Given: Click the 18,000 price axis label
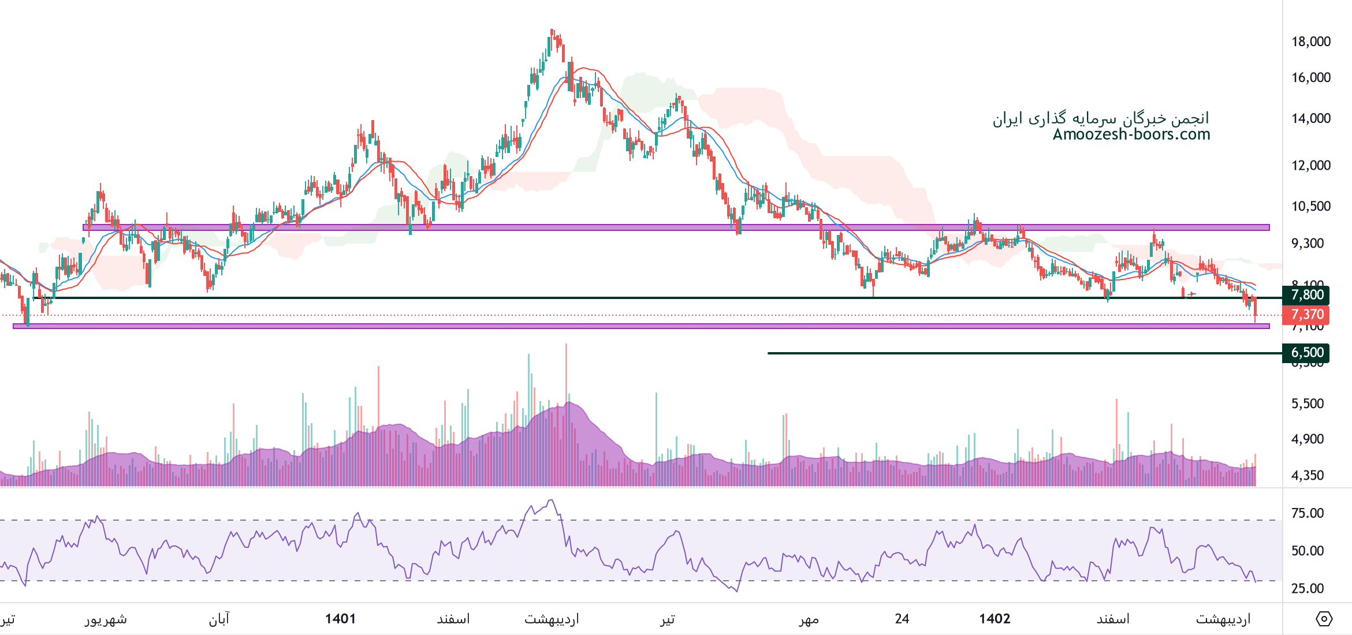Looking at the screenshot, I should [x=1310, y=42].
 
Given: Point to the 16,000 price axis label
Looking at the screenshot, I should [x=1310, y=77].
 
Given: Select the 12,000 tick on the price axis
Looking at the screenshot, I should [x=1310, y=165].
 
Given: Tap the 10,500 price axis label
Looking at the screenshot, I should [x=1310, y=206].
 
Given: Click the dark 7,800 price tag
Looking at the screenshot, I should [x=1306, y=295].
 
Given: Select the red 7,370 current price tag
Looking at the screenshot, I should [x=1306, y=315].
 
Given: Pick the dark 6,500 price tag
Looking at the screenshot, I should [x=1306, y=353].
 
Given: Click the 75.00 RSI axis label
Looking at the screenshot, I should [x=1308, y=513].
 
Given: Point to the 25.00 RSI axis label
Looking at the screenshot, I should [x=1308, y=588].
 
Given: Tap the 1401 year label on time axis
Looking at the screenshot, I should [x=340, y=619].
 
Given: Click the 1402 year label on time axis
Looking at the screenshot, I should [x=995, y=619].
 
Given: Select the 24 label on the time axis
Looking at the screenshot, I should [x=902, y=619].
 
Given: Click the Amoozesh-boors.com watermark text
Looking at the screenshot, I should [x=1131, y=135].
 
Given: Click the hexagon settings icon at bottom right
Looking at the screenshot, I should [x=1324, y=619].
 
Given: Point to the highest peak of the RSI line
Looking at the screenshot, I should [x=552, y=500].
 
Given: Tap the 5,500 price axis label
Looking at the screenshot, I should [x=1308, y=404].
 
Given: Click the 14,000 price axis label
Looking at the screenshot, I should [x=1310, y=118].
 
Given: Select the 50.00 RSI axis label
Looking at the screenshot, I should [x=1308, y=551].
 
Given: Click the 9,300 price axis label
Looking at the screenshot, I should [x=1308, y=243].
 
